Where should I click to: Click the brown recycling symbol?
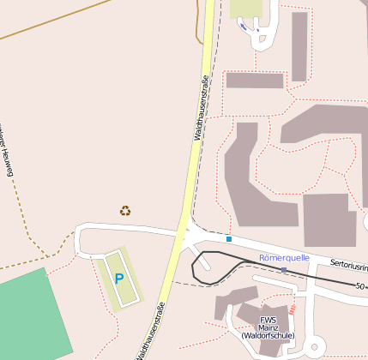tap(125, 210)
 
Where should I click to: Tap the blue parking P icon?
tap(118, 279)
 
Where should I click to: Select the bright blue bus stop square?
tap(229, 238)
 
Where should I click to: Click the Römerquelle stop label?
tap(284, 257)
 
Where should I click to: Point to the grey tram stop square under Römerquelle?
tap(283, 270)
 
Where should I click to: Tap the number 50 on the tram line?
tap(360, 285)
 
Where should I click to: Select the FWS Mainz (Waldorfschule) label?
tap(268, 328)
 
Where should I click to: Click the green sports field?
tap(30, 317)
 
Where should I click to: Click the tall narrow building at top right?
tap(299, 46)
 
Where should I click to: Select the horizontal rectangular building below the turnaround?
tap(255, 81)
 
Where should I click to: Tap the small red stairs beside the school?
tap(293, 307)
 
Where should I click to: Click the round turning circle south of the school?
tap(316, 347)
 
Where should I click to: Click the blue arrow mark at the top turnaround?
tap(248, 28)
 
